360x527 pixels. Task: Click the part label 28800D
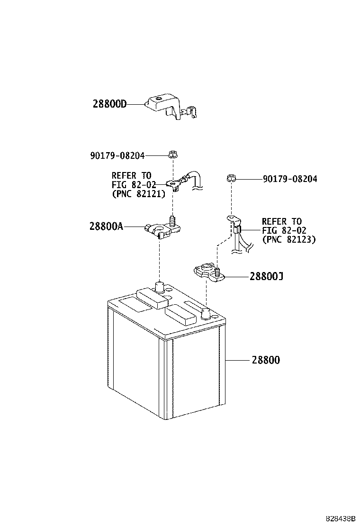[109, 104]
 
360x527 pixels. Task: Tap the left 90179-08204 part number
[117, 155]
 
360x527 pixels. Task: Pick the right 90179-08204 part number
[290, 179]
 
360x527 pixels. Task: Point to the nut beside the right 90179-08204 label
[231, 177]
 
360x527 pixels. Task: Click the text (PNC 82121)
[139, 194]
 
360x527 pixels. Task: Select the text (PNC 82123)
[289, 239]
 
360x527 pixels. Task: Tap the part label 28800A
[106, 227]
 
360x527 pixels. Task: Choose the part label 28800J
[266, 276]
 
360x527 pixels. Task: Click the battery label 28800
[266, 360]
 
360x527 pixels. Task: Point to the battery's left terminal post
[159, 287]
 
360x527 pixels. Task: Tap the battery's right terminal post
[205, 314]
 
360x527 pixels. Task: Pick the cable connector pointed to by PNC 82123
[237, 229]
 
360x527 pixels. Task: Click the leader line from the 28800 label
[238, 360]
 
